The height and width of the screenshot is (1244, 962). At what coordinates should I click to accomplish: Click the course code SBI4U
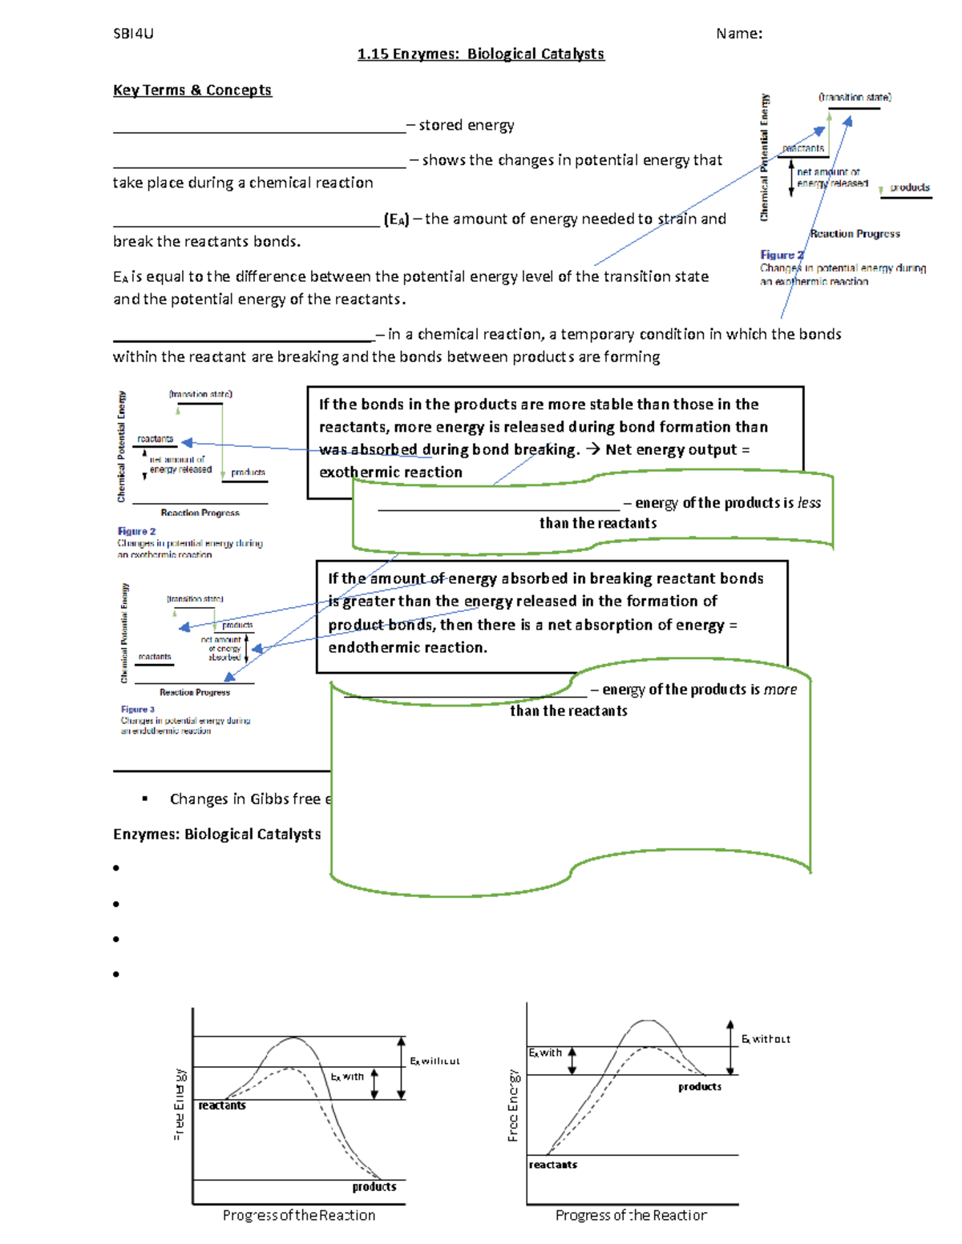click(133, 34)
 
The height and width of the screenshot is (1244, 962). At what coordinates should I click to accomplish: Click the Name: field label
click(738, 34)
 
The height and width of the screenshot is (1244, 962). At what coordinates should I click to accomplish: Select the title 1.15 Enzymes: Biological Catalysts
click(480, 54)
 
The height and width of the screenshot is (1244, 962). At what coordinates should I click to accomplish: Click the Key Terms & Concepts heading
click(192, 91)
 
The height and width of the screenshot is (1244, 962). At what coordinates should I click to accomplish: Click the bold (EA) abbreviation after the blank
click(396, 219)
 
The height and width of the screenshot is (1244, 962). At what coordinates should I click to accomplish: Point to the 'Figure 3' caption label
click(138, 710)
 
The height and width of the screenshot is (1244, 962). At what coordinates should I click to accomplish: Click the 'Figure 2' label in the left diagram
click(137, 532)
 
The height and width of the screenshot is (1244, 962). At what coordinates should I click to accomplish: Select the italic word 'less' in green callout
click(809, 503)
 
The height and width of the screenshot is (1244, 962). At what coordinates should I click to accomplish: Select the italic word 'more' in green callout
click(780, 690)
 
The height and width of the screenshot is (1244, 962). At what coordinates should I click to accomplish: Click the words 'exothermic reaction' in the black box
click(390, 473)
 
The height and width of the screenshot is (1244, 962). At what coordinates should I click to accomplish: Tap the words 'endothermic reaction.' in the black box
click(407, 648)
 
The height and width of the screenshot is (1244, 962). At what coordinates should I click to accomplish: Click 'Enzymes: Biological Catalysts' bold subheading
click(216, 835)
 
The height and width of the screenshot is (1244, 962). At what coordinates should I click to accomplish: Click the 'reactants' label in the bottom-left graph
click(222, 1105)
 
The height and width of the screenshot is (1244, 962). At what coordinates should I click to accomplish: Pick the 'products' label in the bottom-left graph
click(374, 1187)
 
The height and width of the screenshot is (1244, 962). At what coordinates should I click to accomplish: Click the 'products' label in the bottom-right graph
click(699, 1087)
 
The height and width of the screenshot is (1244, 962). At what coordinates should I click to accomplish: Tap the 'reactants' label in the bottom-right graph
click(552, 1165)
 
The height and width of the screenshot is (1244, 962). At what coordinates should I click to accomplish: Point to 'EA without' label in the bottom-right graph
click(766, 1039)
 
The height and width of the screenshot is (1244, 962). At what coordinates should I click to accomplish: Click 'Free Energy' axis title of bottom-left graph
click(180, 1104)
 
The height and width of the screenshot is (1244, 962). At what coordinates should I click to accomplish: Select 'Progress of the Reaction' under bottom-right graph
click(631, 1216)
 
